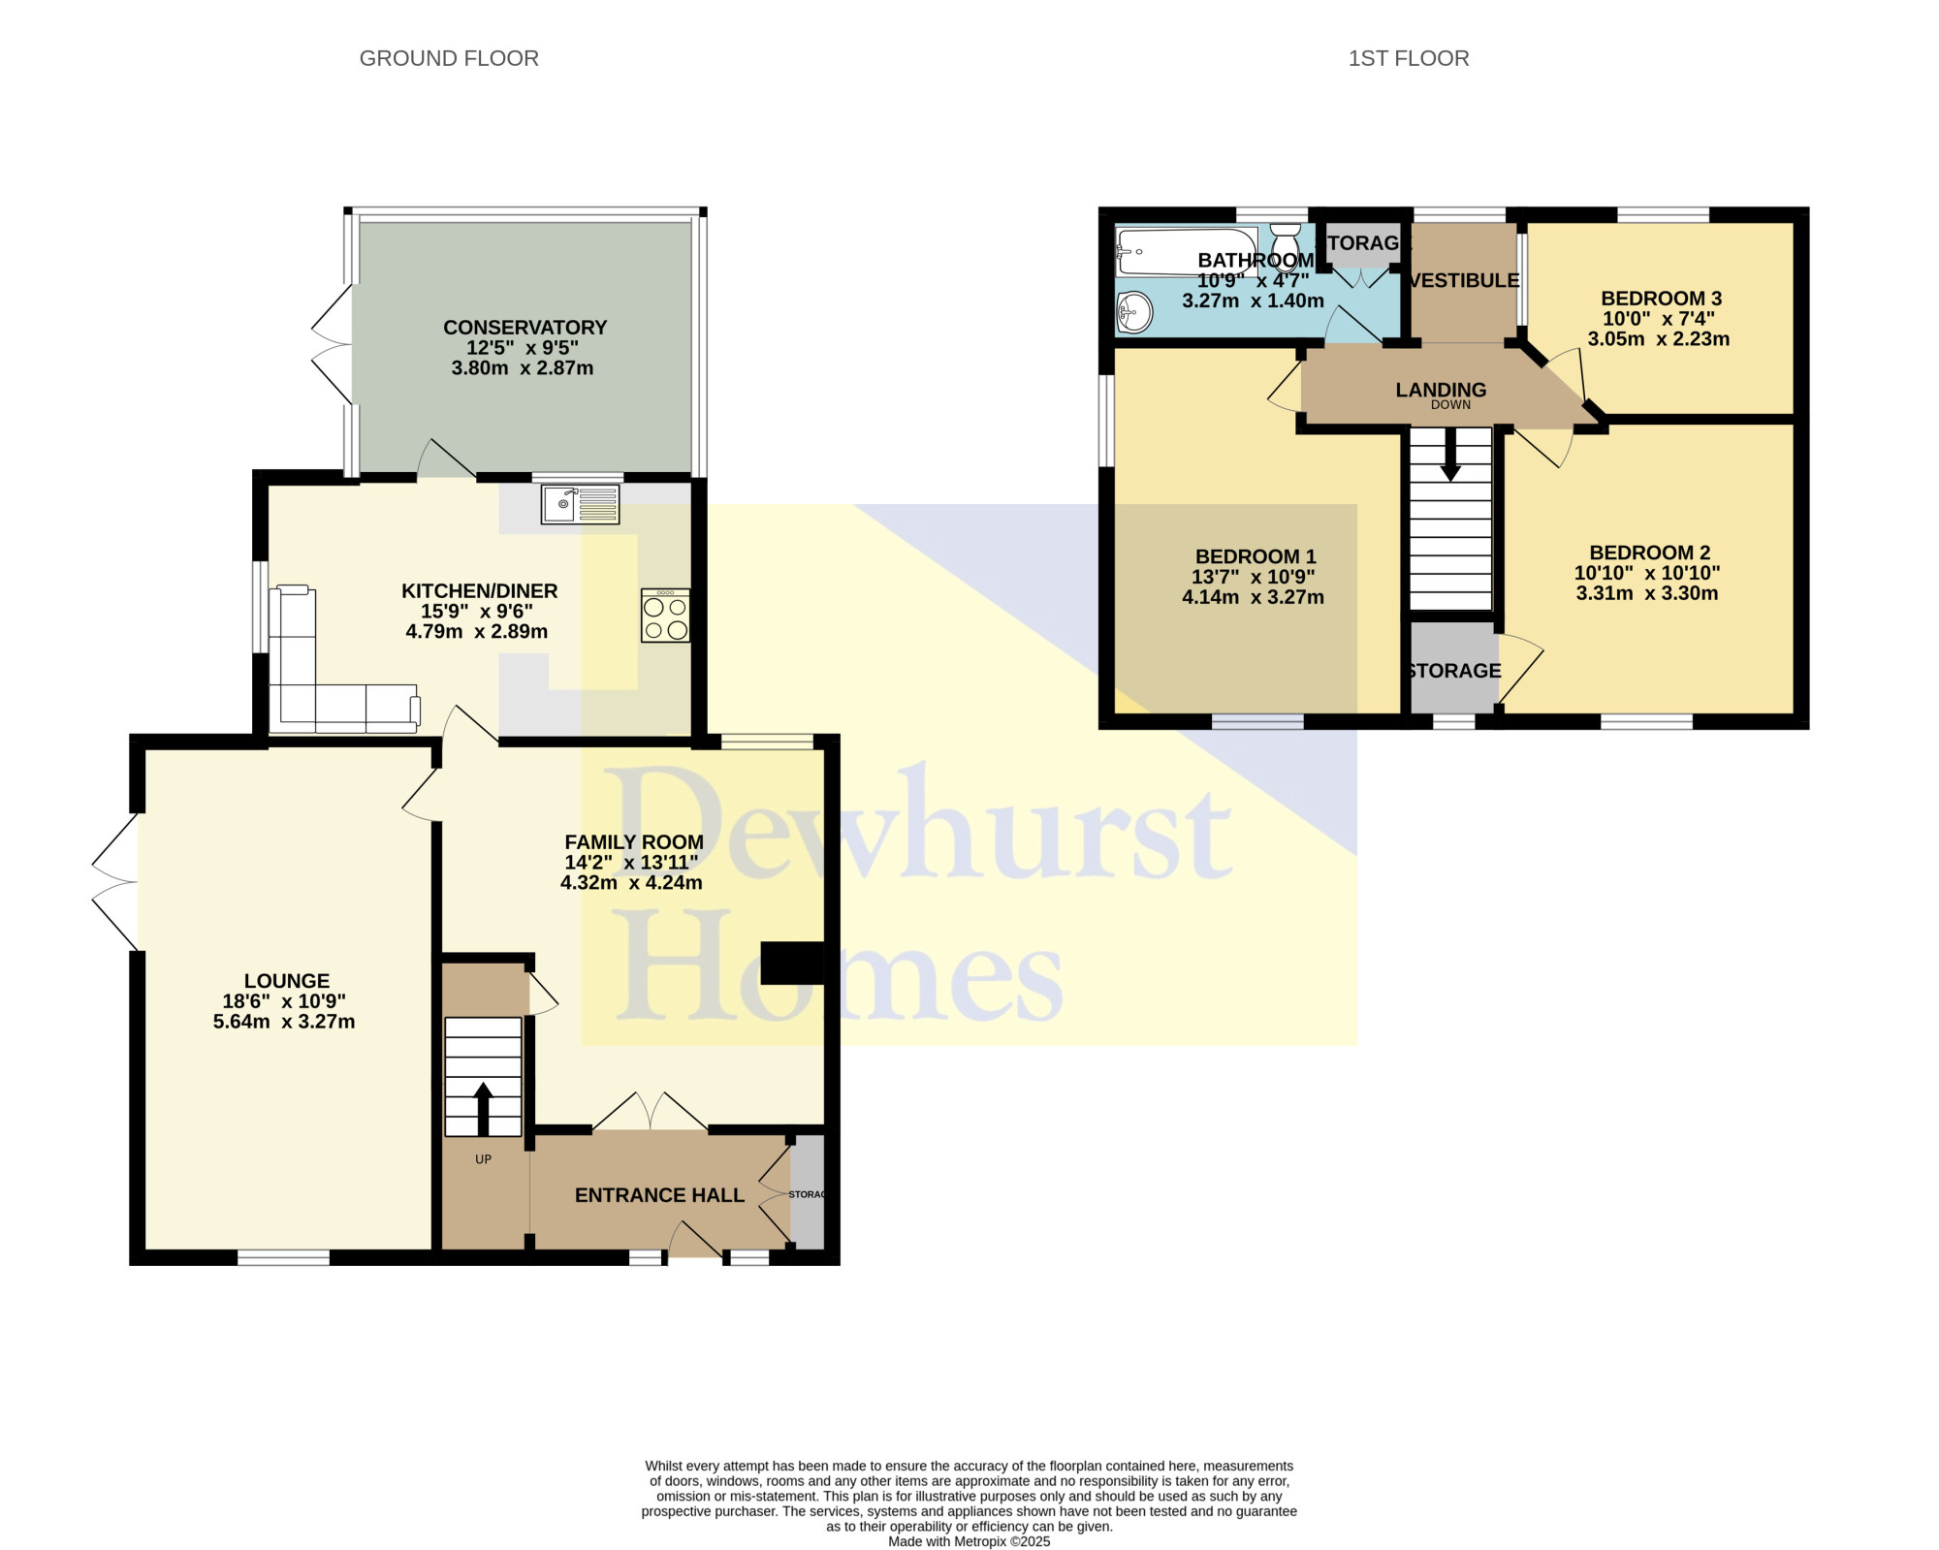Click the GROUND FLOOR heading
click(x=449, y=58)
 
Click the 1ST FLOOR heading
click(x=1409, y=58)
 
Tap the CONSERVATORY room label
click(x=525, y=328)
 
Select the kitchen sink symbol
click(x=581, y=504)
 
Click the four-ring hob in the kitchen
click(x=665, y=616)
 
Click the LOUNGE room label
click(x=287, y=981)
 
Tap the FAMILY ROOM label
click(x=634, y=842)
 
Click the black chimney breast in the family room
click(x=792, y=963)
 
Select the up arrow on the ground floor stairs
click(x=483, y=1108)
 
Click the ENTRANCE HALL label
click(x=659, y=1195)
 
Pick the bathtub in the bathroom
click(x=1187, y=252)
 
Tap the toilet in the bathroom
click(x=1286, y=246)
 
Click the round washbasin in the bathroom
click(x=1134, y=311)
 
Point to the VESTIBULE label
click(x=1464, y=280)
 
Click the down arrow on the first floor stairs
click(x=1450, y=455)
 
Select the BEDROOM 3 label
click(x=1661, y=299)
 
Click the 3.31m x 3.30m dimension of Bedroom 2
click(x=1647, y=593)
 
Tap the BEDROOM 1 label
click(x=1256, y=556)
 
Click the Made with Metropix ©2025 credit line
click(x=969, y=1541)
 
